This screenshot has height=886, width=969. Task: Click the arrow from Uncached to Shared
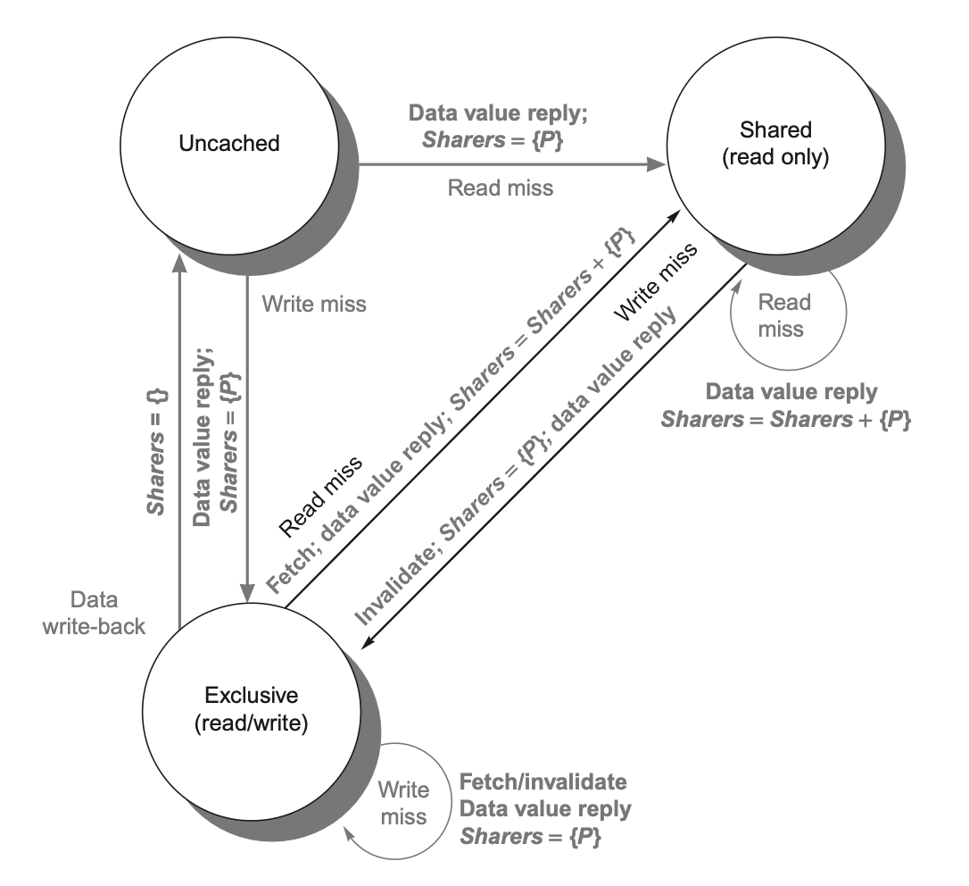tap(509, 165)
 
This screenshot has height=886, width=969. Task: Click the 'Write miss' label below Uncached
tap(313, 304)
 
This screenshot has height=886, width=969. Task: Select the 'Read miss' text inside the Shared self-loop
tap(780, 316)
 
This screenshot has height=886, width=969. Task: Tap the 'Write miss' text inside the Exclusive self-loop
tap(402, 803)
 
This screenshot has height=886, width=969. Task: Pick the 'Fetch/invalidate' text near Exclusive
tap(542, 783)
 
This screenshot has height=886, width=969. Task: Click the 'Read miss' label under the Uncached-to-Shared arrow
tap(500, 188)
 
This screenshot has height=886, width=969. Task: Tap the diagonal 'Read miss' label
tap(321, 495)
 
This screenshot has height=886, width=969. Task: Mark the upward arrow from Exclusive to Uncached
tap(179, 429)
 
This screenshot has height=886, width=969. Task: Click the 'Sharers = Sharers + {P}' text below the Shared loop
tap(785, 419)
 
